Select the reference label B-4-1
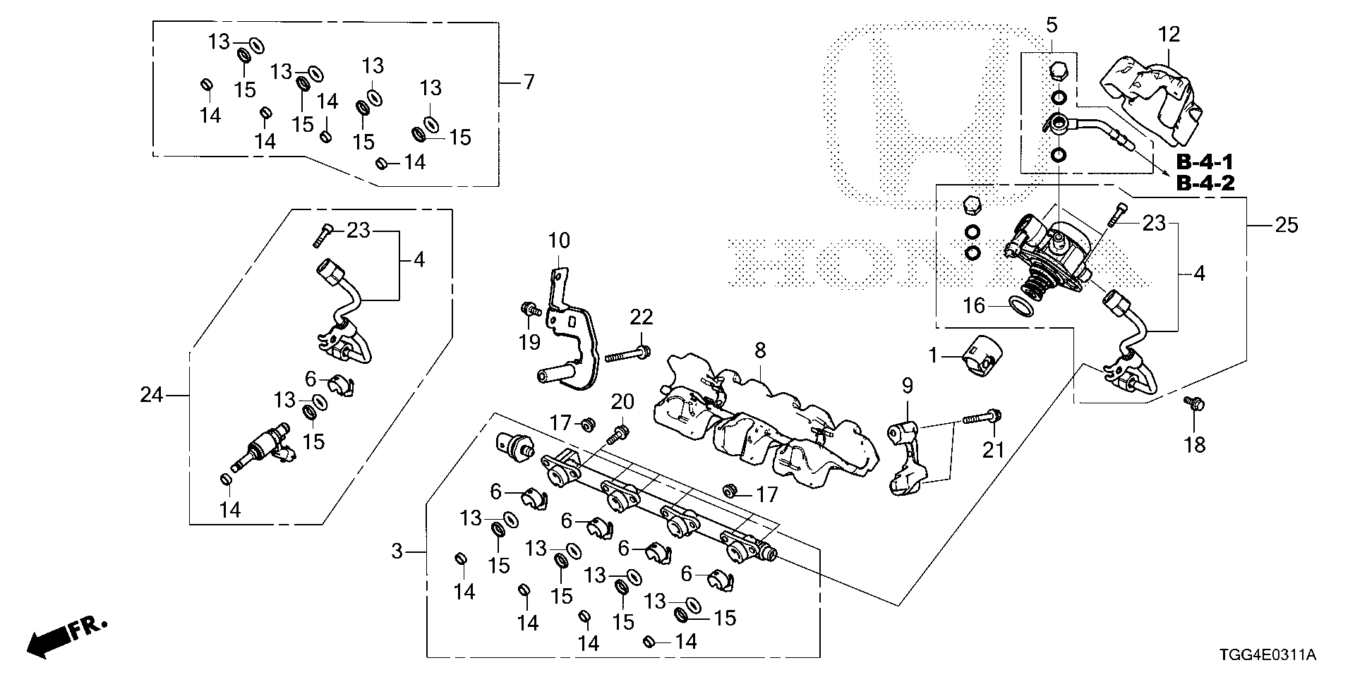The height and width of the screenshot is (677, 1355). click(x=1205, y=162)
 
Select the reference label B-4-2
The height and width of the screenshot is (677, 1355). click(x=1205, y=184)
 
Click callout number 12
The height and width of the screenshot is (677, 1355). click(x=1168, y=33)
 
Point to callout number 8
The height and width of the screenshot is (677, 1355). click(x=759, y=350)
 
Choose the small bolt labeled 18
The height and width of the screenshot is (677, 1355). click(x=1194, y=403)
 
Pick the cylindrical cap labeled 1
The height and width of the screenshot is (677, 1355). click(x=981, y=357)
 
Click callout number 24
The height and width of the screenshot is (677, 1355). click(x=151, y=396)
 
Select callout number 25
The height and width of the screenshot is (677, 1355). click(x=1285, y=226)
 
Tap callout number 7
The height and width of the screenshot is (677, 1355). click(x=528, y=83)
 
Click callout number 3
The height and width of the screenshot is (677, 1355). click(x=397, y=551)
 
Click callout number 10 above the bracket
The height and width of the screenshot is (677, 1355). click(x=558, y=240)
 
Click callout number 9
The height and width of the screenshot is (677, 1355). click(x=907, y=386)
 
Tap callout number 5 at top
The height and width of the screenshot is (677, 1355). click(x=1052, y=26)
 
